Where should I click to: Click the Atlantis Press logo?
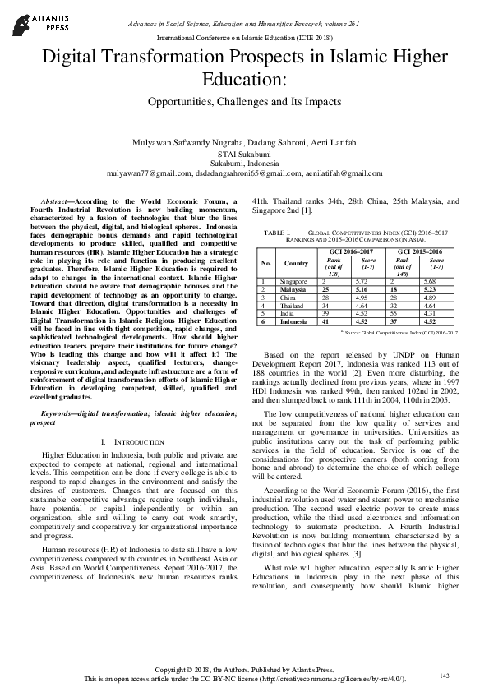pos(31,18)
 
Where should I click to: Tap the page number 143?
pos(445,676)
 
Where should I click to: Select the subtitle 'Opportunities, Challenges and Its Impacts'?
pos(244,104)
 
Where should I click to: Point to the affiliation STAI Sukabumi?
pos(244,154)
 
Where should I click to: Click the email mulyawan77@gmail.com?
pos(150,173)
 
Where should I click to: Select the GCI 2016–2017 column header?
pos(350,250)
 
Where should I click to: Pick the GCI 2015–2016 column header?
pos(419,250)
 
